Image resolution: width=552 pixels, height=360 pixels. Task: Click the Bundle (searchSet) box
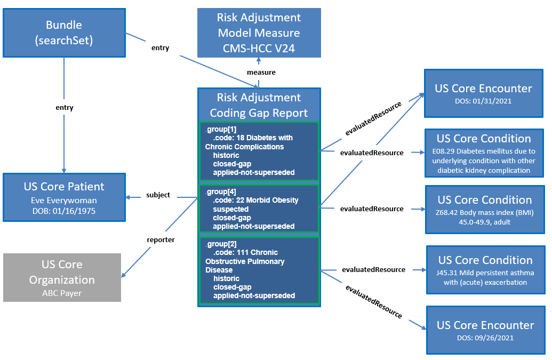click(x=64, y=33)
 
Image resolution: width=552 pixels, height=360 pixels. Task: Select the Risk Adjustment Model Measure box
click(x=259, y=33)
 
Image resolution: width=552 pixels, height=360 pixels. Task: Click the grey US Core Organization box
click(x=62, y=277)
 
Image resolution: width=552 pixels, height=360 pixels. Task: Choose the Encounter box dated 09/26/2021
click(x=485, y=330)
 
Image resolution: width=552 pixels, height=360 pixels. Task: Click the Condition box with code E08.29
click(x=484, y=153)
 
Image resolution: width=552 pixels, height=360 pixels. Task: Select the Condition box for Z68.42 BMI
click(x=484, y=209)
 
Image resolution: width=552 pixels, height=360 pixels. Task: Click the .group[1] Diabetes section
click(x=259, y=151)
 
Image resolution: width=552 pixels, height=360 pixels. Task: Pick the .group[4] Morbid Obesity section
click(x=259, y=209)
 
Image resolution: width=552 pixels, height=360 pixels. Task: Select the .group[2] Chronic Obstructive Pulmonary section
click(x=259, y=270)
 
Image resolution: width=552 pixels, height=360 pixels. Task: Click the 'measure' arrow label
click(x=261, y=72)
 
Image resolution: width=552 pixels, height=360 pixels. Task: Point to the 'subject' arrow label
click(x=158, y=195)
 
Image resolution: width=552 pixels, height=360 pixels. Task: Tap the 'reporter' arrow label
click(x=161, y=240)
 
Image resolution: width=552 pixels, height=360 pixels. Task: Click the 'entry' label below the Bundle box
click(x=64, y=108)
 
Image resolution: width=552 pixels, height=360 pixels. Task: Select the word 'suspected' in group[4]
click(x=230, y=209)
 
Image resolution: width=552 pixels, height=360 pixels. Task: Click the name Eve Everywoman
click(x=64, y=200)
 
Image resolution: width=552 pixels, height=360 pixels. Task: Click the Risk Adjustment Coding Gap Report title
click(x=259, y=105)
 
